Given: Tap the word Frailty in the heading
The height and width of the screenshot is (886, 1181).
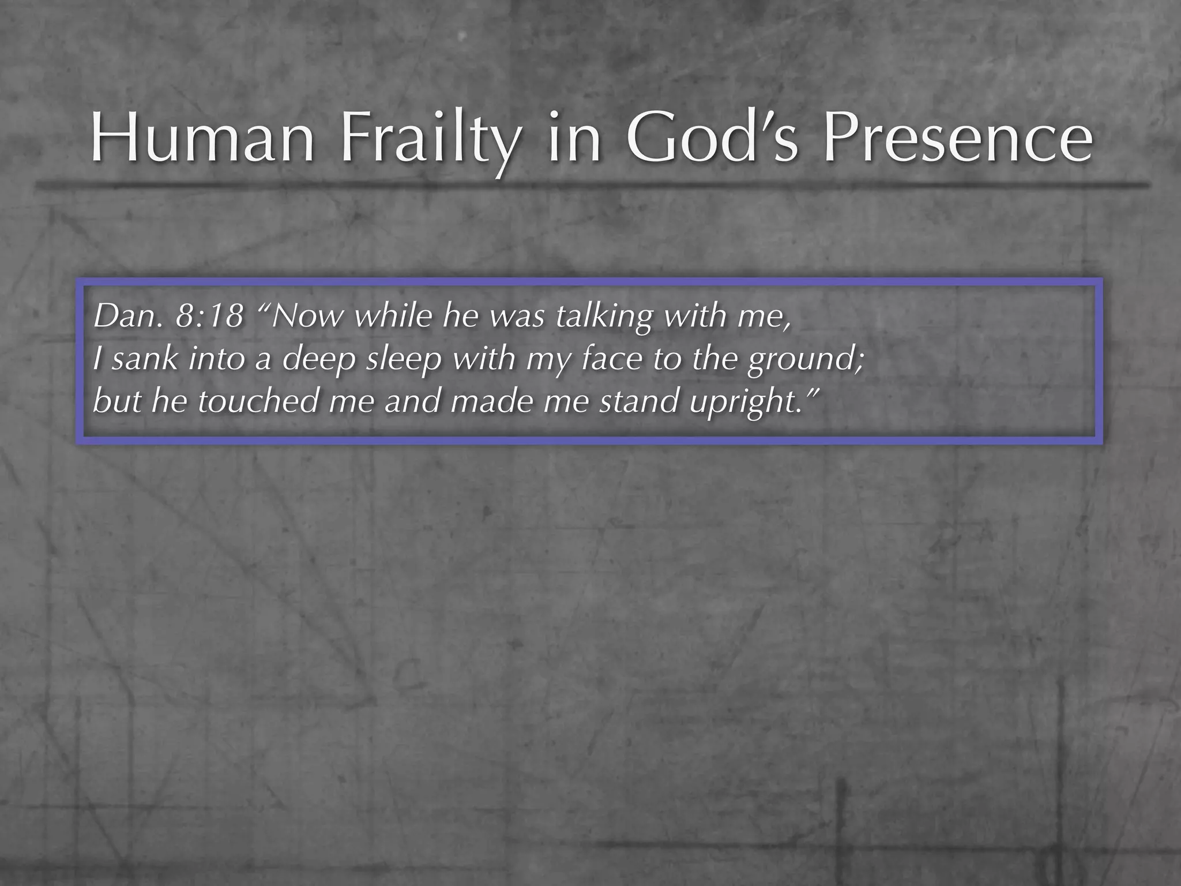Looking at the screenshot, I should [x=427, y=141].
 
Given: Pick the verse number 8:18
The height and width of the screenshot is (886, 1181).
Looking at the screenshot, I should [x=209, y=316].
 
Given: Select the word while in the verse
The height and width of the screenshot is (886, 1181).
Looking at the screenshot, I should [x=392, y=316].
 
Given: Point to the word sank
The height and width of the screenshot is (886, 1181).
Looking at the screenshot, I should [x=145, y=359].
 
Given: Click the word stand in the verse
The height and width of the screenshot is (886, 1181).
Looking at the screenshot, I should [x=640, y=401].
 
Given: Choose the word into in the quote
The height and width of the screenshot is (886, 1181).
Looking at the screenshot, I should [x=216, y=359].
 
